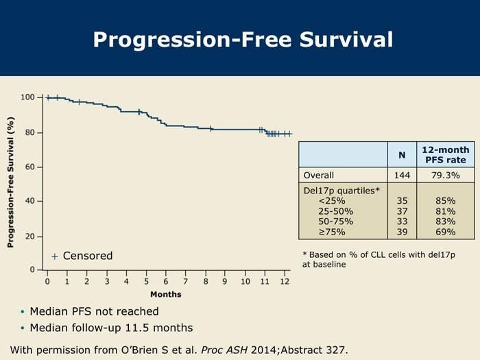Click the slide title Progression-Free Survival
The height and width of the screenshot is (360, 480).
point(243,40)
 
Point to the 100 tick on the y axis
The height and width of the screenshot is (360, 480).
point(27,97)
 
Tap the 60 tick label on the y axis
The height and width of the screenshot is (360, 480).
point(30,167)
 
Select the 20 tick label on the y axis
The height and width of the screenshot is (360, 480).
point(30,237)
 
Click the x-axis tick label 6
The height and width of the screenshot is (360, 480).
point(166,282)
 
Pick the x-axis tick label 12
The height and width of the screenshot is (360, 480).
point(285,282)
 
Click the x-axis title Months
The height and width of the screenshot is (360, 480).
point(166,294)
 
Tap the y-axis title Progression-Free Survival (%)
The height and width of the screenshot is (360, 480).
point(11,182)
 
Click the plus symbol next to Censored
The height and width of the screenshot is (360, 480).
point(54,256)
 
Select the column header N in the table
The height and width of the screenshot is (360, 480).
point(402,155)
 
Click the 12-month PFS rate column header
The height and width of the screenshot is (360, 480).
point(445,155)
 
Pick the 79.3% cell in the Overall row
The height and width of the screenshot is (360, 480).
point(445,175)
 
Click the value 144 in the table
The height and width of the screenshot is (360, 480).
point(402,175)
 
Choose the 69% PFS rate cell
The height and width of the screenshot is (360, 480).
point(445,232)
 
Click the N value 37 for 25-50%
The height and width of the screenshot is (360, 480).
point(402,212)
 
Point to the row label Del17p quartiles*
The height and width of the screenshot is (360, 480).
point(341,190)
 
